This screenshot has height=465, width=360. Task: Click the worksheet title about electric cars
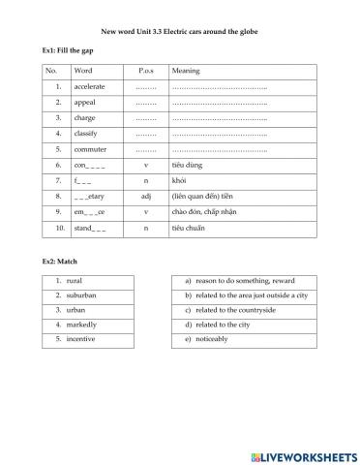click(180, 32)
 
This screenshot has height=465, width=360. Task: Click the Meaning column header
click(186, 72)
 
